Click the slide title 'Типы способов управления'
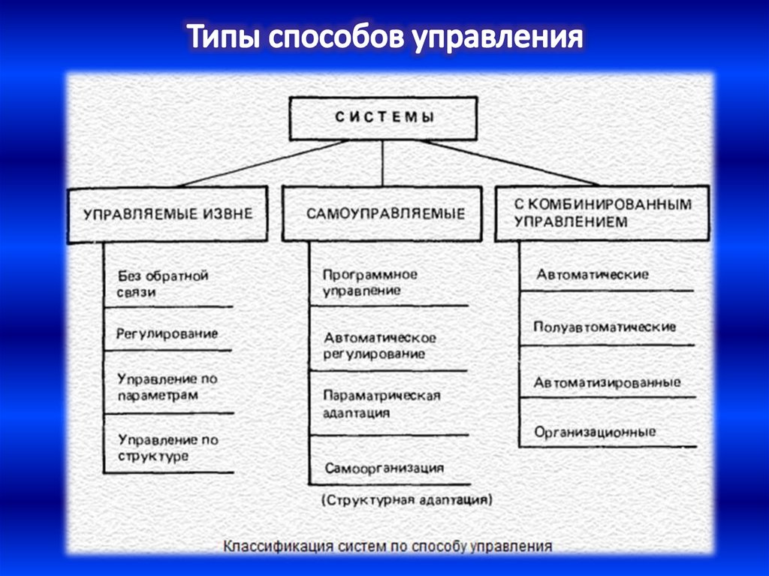tap(384, 38)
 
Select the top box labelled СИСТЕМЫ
tap(384, 118)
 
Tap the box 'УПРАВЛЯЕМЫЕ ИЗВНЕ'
tap(168, 214)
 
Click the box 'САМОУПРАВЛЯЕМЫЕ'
tap(384, 214)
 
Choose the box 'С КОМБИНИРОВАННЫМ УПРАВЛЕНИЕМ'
tap(602, 213)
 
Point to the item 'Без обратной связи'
tap(162, 284)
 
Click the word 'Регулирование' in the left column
tap(167, 333)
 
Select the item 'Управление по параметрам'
tap(167, 387)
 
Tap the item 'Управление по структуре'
tap(167, 448)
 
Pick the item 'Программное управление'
tap(370, 282)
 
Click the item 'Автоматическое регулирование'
tap(379, 345)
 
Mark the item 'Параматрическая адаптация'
tap(381, 403)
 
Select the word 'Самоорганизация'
tap(384, 468)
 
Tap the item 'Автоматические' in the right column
tap(593, 275)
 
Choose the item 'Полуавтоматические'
tap(605, 327)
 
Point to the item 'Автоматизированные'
tap(608, 382)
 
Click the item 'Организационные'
tap(595, 432)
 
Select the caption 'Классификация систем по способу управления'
tap(387, 546)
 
